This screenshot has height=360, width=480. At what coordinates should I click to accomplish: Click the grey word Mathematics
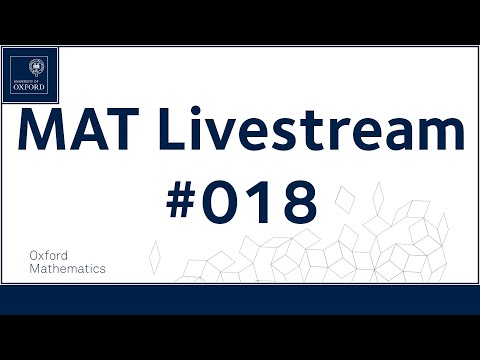[x=69, y=269]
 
